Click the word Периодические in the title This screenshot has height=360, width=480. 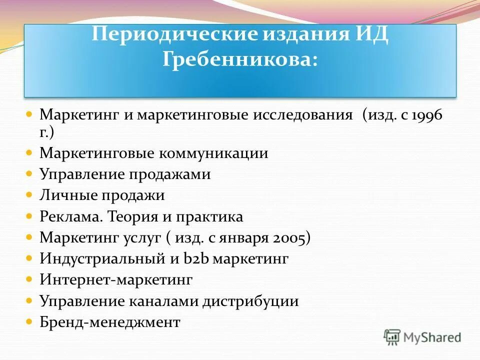pos(172,36)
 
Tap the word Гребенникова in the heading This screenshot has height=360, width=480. pos(240,60)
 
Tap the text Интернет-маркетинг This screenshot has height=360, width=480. pos(115,280)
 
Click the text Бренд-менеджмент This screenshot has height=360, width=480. pos(109,322)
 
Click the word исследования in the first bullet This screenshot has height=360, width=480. pos(303,115)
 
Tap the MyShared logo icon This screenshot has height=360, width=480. pos(392,337)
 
